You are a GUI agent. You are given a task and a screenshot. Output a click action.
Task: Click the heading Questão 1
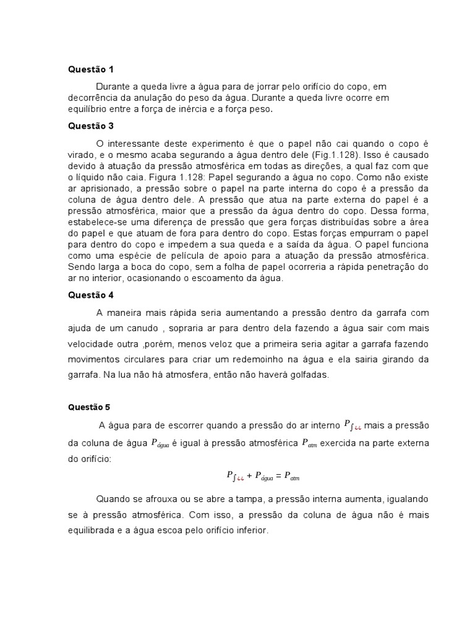pyautogui.click(x=91, y=69)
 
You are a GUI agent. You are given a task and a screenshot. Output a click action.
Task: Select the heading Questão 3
pyautogui.click(x=91, y=126)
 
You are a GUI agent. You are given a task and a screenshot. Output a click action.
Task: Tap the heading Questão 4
pyautogui.click(x=91, y=295)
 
